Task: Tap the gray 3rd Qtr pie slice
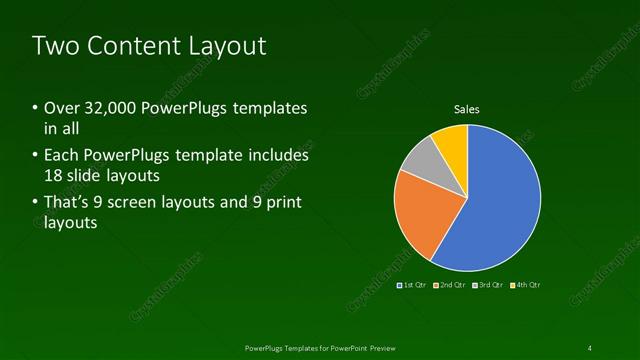tap(421, 161)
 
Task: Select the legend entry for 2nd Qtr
tap(451, 285)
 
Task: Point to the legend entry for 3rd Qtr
tap(487, 285)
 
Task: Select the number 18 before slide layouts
tap(54, 176)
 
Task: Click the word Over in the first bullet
tap(62, 107)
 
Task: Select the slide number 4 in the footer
tap(590, 347)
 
